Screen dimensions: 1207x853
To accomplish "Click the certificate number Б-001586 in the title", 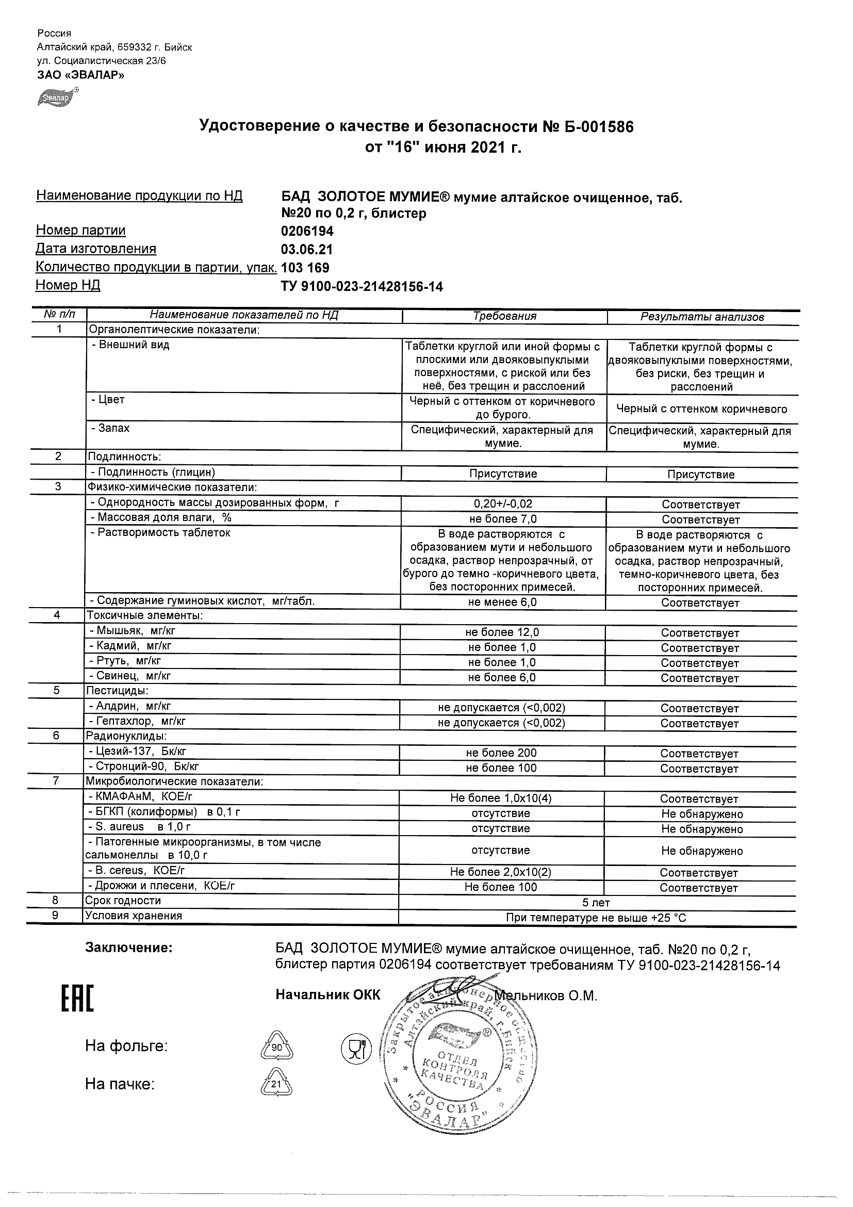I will (595, 127).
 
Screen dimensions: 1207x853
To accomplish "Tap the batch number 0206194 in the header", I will (307, 231).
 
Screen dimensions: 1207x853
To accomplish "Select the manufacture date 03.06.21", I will (307, 249).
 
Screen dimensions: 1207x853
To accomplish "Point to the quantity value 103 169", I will (305, 268).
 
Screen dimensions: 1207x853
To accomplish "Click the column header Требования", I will (504, 316).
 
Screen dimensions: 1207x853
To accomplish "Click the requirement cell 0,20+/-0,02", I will (503, 503).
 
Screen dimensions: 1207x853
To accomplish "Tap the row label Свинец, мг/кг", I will (130, 676).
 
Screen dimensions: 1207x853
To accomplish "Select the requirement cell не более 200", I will (501, 753).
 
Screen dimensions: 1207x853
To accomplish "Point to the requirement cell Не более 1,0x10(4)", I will (501, 798).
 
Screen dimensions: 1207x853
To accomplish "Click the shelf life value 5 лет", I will (596, 903).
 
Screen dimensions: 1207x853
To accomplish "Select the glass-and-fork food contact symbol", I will (356, 1049).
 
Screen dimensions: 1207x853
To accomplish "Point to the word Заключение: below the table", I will (128, 948).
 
